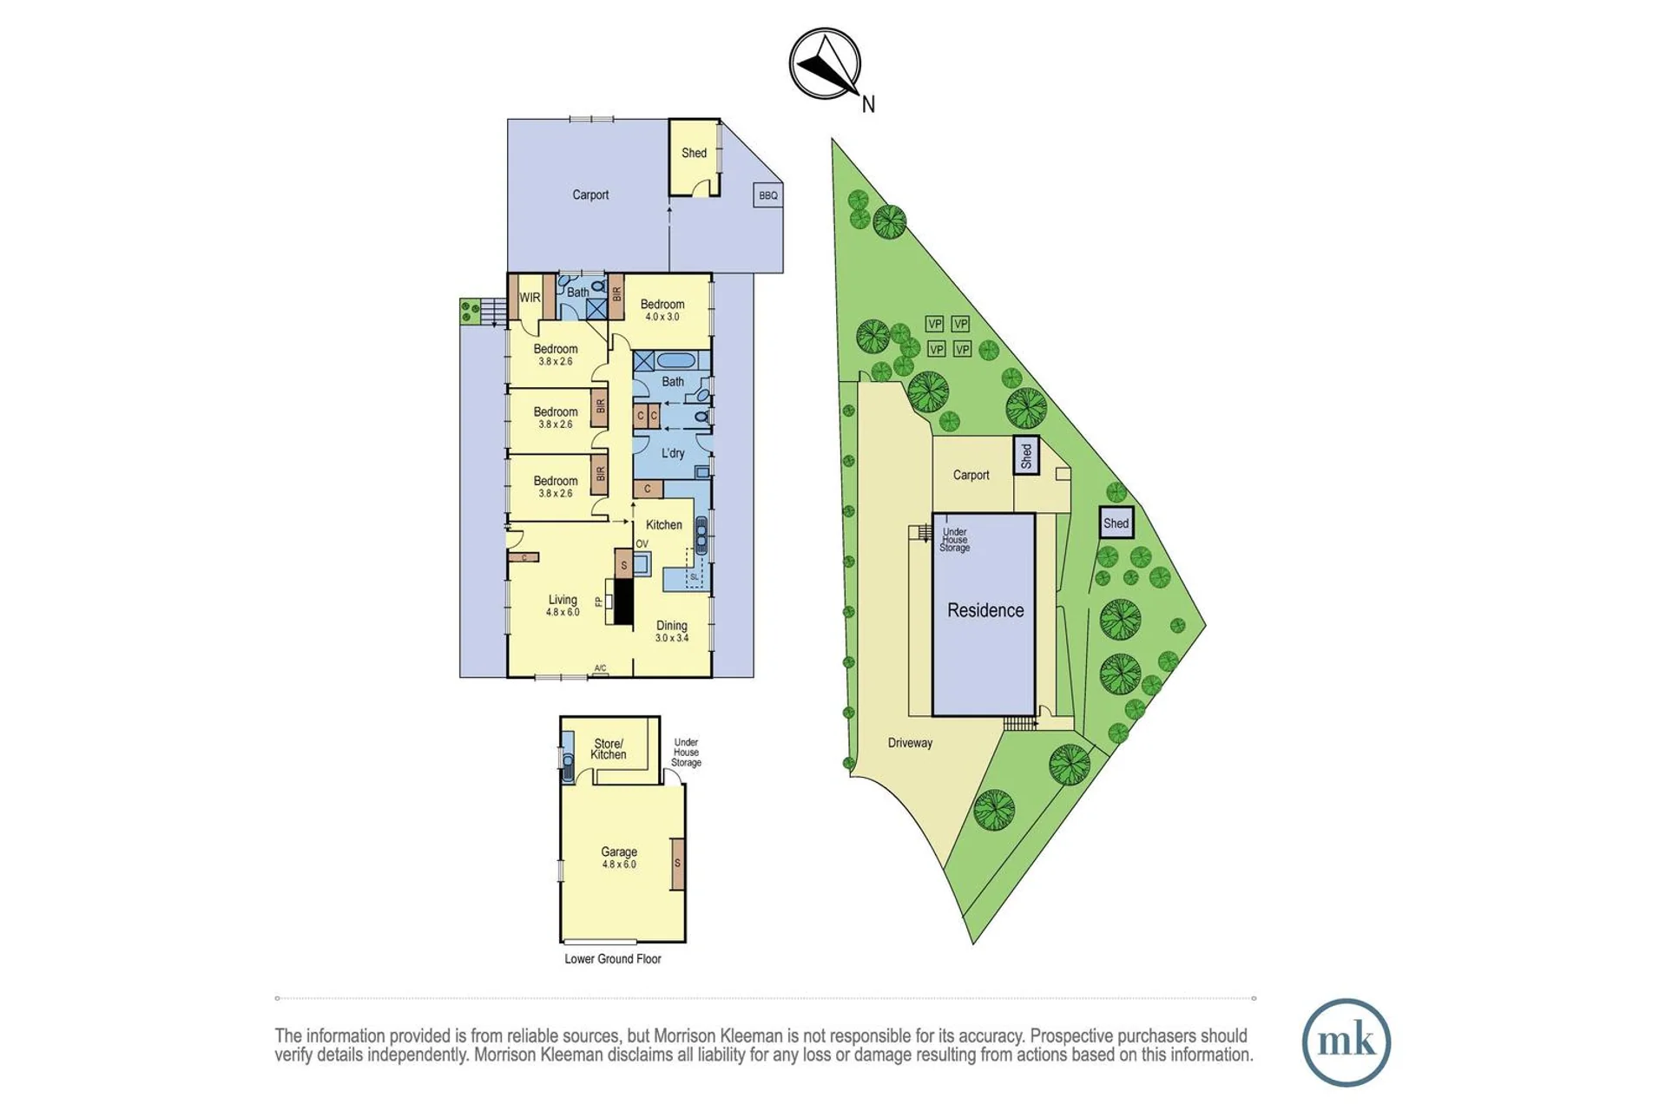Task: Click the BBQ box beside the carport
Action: tap(768, 195)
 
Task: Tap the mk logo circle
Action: tap(1346, 1042)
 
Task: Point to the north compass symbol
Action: tap(826, 65)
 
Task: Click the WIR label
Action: tap(530, 298)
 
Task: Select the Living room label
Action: tap(563, 605)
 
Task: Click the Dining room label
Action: tap(672, 631)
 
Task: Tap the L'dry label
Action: tap(673, 453)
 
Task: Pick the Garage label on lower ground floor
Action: tap(619, 858)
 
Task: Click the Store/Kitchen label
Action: tap(609, 749)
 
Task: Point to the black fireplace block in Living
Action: tap(623, 602)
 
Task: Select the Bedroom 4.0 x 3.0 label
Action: tap(662, 310)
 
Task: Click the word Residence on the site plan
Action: tap(985, 610)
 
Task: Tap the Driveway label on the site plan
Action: tap(910, 743)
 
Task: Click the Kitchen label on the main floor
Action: tap(664, 525)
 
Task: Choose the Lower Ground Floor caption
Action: tap(613, 959)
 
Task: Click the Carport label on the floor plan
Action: tap(590, 195)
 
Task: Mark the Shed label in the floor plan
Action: tap(694, 153)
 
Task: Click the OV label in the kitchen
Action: tap(642, 544)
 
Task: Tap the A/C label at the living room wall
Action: tap(600, 668)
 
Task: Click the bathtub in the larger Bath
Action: tap(673, 360)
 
